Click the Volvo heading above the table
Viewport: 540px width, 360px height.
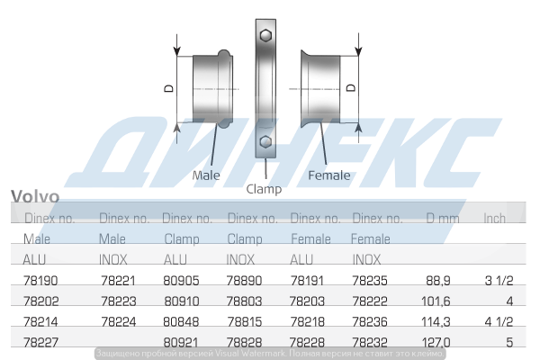tap(35, 197)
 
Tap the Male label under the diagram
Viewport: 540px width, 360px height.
tap(206, 175)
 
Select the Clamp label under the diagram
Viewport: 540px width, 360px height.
tap(264, 189)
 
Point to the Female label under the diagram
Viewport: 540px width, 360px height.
tap(329, 175)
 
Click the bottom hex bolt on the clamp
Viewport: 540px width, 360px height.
tap(265, 142)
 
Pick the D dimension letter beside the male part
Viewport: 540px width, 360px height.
tap(168, 88)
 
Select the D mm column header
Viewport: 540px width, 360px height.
tap(443, 219)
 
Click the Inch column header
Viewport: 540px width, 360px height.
tap(495, 219)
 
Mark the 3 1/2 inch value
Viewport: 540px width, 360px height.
tap(499, 281)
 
